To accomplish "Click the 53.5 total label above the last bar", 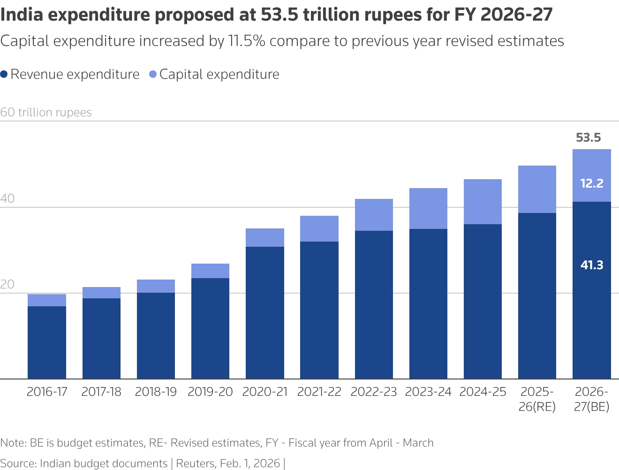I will pos(588,137).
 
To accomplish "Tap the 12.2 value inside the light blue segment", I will pos(591,183).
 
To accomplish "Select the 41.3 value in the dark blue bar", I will pos(591,265).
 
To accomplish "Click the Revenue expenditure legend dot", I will pos(4,74).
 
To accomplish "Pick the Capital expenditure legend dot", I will pos(152,74).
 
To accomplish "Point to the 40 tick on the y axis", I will pos(8,198).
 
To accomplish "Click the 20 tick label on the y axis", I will pos(8,284).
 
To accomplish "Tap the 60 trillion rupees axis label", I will pos(46,113).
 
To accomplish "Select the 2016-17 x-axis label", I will pos(47,392).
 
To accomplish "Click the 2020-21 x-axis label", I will pos(265,392).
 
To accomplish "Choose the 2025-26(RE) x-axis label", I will pos(537,399).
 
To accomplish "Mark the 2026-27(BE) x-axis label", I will pos(591,399).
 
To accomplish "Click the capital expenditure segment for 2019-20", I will pos(210,271).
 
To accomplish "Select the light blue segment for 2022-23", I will pos(374,215).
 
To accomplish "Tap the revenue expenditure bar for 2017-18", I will pos(101,338).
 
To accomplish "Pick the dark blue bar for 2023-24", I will pos(428,303).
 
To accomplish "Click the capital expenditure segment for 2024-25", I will pos(483,202).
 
